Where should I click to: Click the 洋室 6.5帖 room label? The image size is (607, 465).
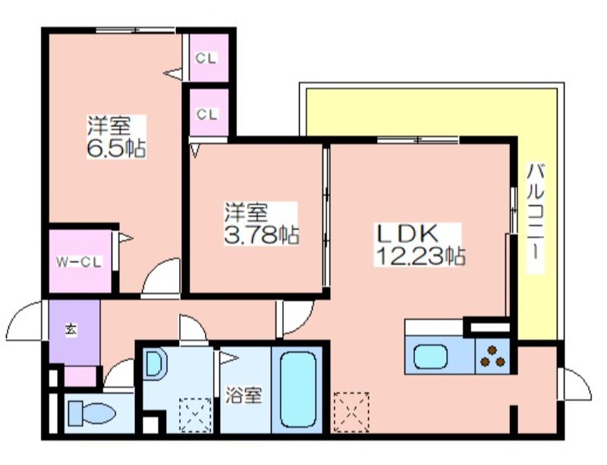pyautogui.click(x=116, y=137)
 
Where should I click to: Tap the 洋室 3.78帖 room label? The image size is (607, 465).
pyautogui.click(x=261, y=224)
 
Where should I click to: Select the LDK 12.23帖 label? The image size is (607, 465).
pyautogui.click(x=420, y=245)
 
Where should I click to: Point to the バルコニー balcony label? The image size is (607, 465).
pyautogui.click(x=536, y=218)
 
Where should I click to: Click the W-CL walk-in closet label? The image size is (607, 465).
pyautogui.click(x=79, y=262)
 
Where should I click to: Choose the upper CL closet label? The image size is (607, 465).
pyautogui.click(x=206, y=58)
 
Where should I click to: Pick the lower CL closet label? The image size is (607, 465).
pyautogui.click(x=207, y=115)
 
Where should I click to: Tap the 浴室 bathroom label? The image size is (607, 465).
pyautogui.click(x=244, y=395)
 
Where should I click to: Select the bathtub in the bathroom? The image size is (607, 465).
pyautogui.click(x=297, y=389)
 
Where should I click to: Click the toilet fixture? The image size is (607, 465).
pyautogui.click(x=92, y=413)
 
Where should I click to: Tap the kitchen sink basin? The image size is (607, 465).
pyautogui.click(x=431, y=357)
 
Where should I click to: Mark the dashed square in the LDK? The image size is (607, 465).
pyautogui.click(x=351, y=412)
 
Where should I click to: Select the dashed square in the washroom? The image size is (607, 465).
pyautogui.click(x=195, y=415)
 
